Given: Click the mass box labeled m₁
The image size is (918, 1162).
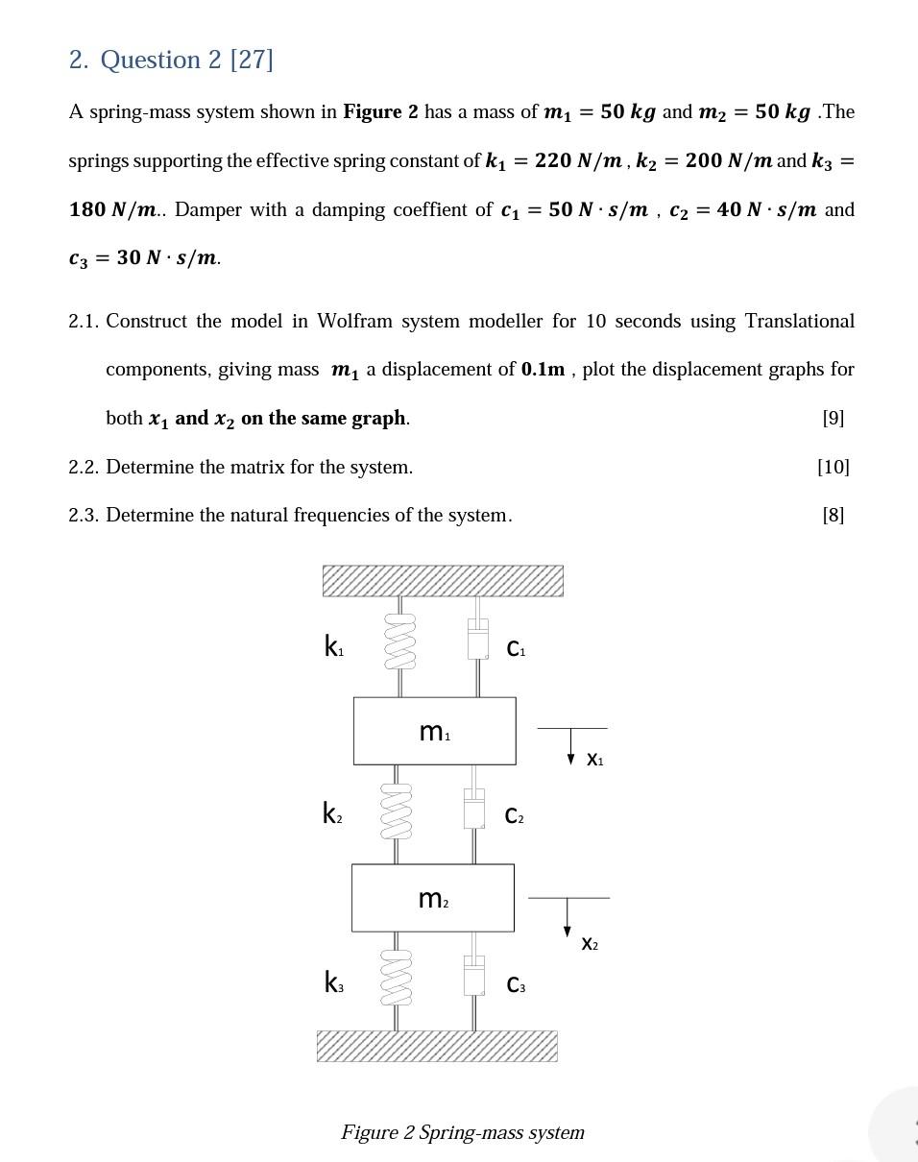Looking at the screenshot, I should point(434,731).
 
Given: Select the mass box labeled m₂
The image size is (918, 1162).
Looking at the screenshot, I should point(432,898).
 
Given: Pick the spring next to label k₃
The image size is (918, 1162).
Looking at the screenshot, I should point(397,979).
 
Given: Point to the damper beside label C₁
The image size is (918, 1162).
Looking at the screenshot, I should point(478,639).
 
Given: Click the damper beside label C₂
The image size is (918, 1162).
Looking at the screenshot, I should point(474,809).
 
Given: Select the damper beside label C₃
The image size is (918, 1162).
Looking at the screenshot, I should point(474,977).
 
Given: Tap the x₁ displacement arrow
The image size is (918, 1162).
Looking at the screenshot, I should point(570,743).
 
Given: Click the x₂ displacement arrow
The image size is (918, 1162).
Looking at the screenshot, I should point(568,914).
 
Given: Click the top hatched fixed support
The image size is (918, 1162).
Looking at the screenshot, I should point(443,581).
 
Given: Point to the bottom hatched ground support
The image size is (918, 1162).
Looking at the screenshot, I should point(437,1046).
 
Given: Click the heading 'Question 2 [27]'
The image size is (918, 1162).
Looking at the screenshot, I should point(171,60).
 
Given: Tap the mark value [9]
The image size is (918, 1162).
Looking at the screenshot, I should point(833,418).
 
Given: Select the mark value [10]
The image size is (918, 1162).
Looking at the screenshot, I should point(833,467).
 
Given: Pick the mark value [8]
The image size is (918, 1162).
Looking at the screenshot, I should point(833,515).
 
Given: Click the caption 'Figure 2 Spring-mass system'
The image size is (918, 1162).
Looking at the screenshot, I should point(463,1132).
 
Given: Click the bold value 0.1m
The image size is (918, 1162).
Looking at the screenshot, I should point(543,369).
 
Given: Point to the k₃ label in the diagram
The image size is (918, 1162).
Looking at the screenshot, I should point(333,982).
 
